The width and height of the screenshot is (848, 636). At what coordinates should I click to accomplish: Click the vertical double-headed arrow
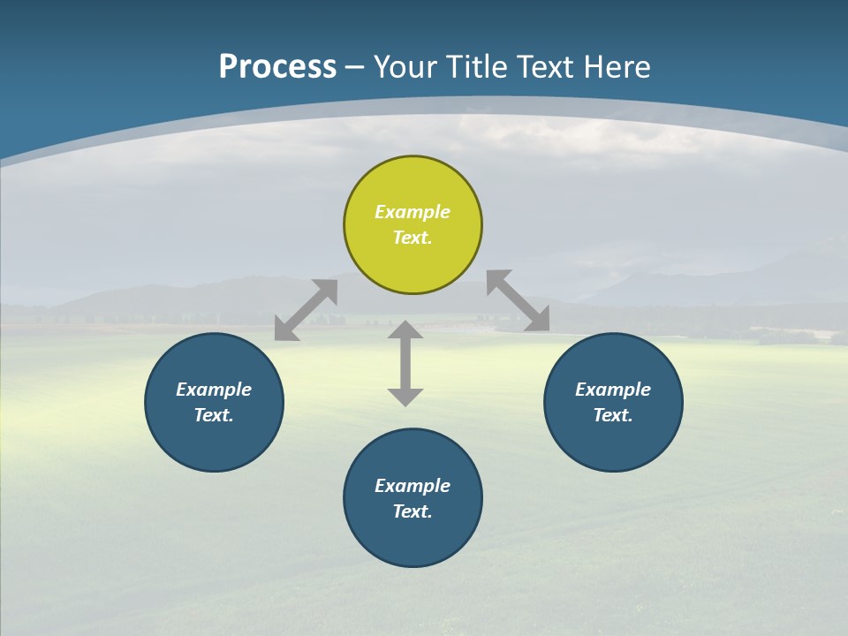pos(405,364)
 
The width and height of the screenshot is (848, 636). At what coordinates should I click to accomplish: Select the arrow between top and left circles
pos(306,310)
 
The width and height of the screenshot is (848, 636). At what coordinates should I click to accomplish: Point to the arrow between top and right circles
pos(518,301)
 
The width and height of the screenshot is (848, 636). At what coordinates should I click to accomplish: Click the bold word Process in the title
pos(277,67)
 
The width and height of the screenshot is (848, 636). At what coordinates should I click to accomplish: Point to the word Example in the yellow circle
pos(413,212)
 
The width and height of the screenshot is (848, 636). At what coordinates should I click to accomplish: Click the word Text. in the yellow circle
pos(413,238)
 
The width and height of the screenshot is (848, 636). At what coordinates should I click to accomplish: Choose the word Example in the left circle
pos(214,390)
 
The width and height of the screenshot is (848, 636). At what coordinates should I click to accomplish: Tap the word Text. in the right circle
pos(613,415)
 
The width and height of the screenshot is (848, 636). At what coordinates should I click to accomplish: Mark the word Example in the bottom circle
pos(413,486)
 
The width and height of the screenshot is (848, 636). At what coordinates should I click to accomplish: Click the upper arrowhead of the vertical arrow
pos(405,329)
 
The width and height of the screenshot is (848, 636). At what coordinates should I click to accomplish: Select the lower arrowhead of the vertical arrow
pos(405,397)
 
